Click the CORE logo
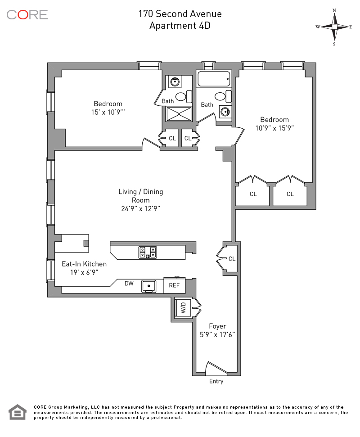point(27,15)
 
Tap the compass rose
point(334,27)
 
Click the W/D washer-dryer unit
point(183,308)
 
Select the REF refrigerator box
point(175,285)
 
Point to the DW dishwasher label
point(129,284)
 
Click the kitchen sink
point(149,286)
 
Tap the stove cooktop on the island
point(148,252)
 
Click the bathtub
point(214,79)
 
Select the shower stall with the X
point(179,114)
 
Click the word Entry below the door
point(216,381)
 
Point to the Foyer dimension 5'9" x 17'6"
point(217,334)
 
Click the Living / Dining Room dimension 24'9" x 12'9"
point(141,208)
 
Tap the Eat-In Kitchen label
point(84,264)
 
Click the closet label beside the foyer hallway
point(232,259)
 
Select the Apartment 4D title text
point(180,26)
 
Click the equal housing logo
point(18,412)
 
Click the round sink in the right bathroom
point(225,112)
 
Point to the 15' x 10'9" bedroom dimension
point(108,113)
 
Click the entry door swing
point(216,368)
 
